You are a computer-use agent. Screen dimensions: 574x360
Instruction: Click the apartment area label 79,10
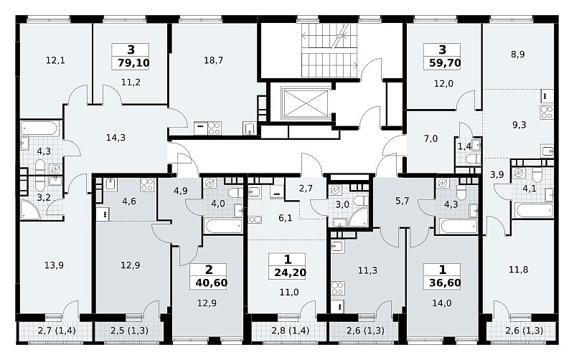point(133,63)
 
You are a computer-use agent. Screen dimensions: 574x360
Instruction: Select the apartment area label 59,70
point(445,63)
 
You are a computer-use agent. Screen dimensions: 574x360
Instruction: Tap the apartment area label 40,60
point(211,283)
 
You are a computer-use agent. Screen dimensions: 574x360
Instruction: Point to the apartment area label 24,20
point(291,273)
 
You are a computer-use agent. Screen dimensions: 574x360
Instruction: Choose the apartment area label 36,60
point(445,283)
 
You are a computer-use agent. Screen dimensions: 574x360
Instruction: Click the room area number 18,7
point(213,60)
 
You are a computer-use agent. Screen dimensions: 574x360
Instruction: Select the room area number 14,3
point(116,138)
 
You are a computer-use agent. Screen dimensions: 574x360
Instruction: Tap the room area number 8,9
point(518,55)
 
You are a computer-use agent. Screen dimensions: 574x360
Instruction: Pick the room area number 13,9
point(54,265)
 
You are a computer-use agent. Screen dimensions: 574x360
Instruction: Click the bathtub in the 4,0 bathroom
point(223,226)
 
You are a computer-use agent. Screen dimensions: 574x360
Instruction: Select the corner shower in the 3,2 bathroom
point(30,210)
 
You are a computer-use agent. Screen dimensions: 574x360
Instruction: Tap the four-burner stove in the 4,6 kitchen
point(146,184)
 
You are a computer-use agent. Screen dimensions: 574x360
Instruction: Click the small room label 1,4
point(464,147)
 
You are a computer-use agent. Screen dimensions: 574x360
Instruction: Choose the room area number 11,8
point(518,270)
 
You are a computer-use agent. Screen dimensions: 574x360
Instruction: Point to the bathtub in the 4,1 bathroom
point(534,211)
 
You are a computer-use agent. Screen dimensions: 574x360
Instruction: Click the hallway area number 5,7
point(402,201)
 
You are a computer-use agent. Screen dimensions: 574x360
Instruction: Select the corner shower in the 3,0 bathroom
point(359,218)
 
